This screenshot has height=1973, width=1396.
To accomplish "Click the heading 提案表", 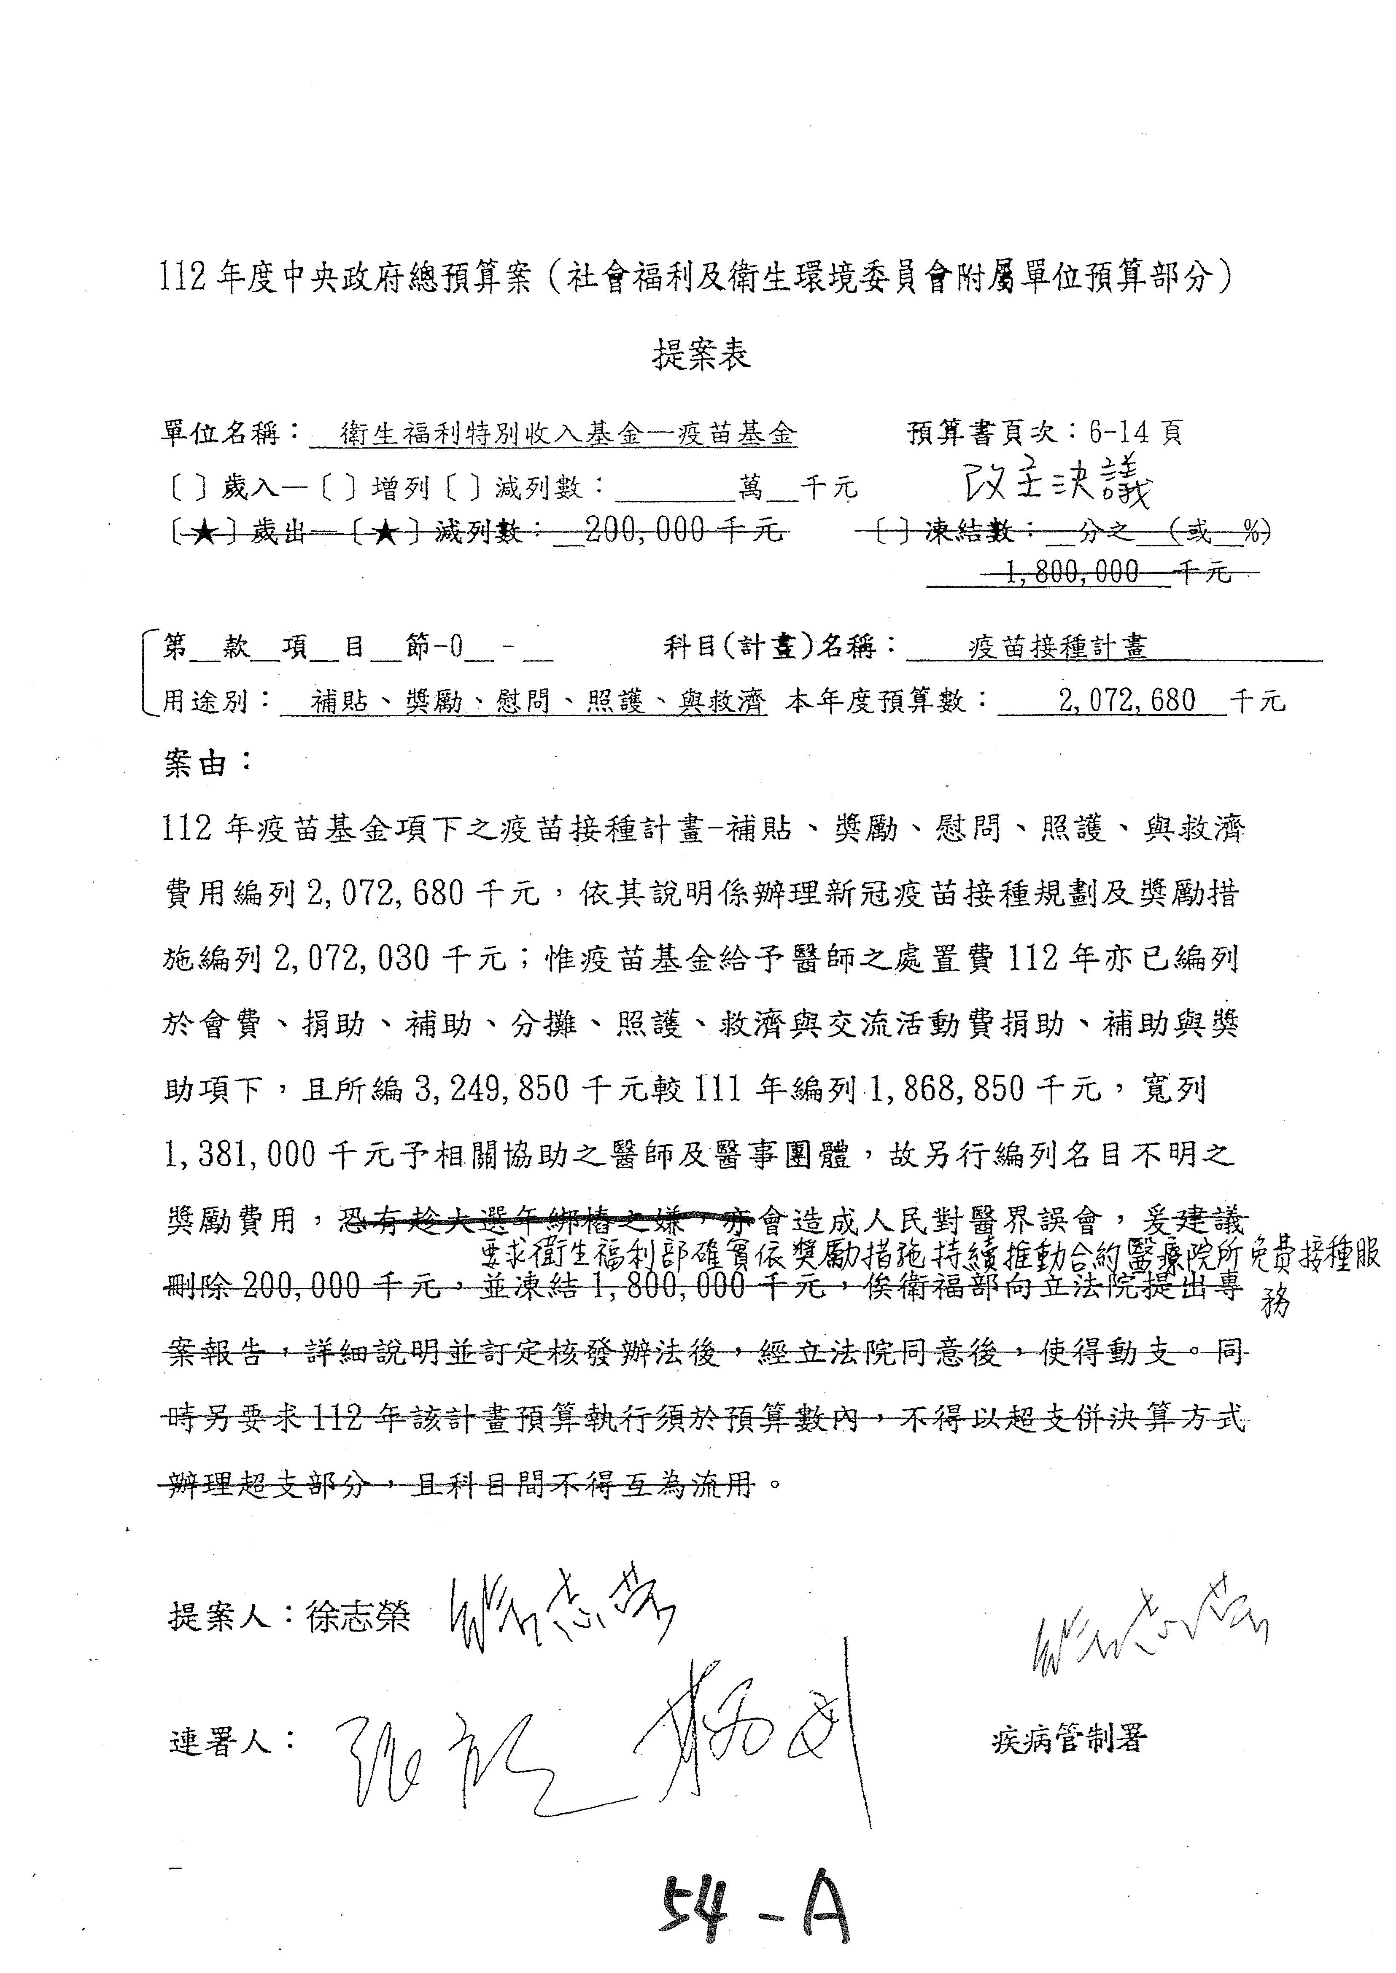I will coord(701,354).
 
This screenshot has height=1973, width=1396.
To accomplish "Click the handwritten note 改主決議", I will coord(1057,487).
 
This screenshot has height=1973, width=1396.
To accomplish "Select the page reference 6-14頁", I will coord(1135,432).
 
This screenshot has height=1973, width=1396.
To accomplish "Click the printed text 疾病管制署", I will coord(1068,1740).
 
